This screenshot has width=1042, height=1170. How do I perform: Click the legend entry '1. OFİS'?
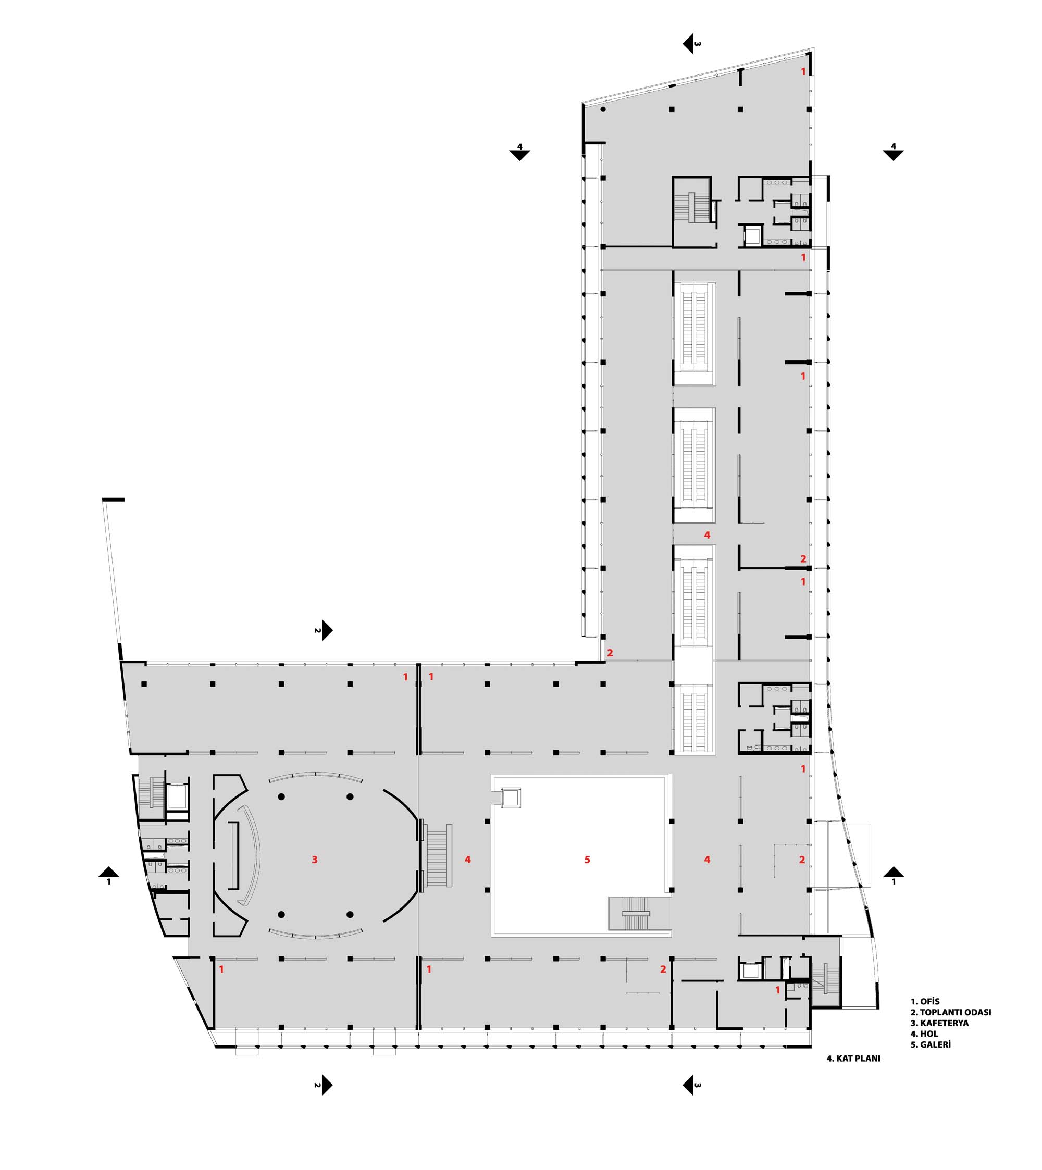click(925, 1002)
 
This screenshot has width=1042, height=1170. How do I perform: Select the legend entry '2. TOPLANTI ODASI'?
click(950, 1012)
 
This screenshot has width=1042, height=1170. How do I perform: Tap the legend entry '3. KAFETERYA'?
click(939, 1023)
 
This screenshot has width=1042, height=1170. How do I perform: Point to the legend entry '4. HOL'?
click(924, 1034)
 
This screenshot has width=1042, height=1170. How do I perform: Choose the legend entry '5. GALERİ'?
click(931, 1044)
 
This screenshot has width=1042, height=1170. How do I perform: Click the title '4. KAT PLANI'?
click(853, 1059)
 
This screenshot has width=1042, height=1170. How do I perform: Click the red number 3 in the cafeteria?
click(314, 859)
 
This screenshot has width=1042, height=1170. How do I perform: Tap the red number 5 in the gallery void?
click(587, 859)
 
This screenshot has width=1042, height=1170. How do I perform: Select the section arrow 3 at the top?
click(689, 44)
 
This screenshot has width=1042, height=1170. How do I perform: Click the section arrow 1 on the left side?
click(109, 875)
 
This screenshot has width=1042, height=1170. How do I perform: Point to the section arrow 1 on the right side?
click(894, 875)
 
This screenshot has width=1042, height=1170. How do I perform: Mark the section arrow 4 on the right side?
click(893, 152)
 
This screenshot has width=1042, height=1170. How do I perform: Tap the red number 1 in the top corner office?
click(803, 71)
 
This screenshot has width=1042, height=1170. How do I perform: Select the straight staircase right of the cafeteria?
click(439, 856)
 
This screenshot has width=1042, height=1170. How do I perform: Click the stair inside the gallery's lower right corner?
click(636, 914)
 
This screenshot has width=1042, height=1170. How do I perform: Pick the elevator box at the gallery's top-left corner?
click(510, 797)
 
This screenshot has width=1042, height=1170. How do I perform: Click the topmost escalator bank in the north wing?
click(694, 334)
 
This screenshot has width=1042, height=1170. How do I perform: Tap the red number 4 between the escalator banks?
click(707, 534)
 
